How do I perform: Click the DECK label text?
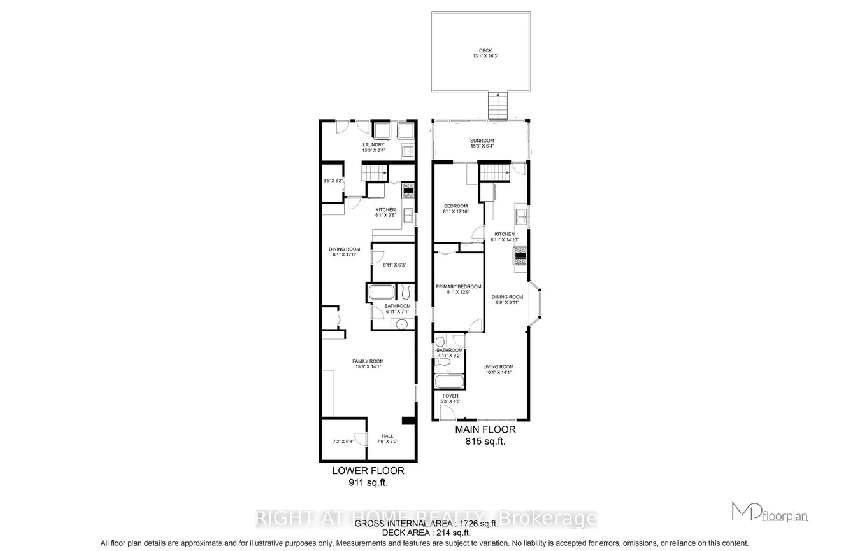point(485,52)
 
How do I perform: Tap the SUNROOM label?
point(482,141)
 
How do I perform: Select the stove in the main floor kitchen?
point(521,255)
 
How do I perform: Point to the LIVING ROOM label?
point(498,366)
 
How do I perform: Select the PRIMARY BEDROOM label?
point(458,286)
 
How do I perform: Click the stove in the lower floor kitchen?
point(408,190)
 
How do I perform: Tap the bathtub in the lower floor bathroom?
point(382,293)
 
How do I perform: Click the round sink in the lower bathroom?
point(401,324)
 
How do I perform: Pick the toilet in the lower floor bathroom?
point(406,293)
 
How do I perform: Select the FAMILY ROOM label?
point(368,361)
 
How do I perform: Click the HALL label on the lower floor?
point(387,436)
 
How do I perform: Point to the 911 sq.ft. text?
point(368,482)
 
